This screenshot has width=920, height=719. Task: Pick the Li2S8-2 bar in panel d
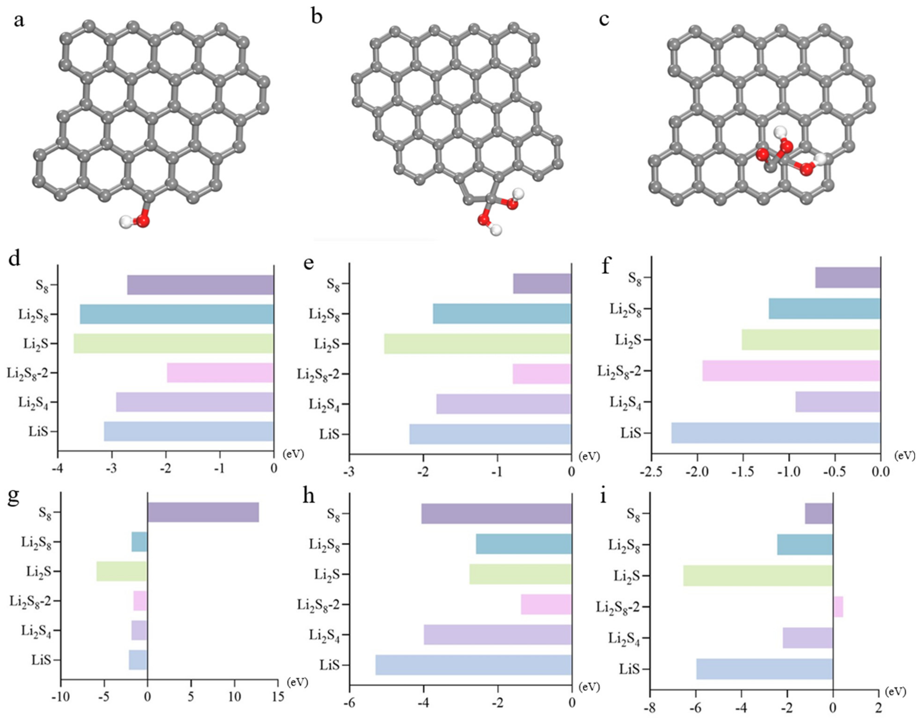(x=220, y=373)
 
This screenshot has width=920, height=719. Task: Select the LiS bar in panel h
(x=473, y=665)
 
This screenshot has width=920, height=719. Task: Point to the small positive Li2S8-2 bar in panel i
(x=838, y=607)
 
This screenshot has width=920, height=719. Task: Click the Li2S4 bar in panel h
(x=497, y=635)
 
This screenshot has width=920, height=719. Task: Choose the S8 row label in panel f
(x=634, y=278)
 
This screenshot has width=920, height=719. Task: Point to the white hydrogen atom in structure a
(x=125, y=221)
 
